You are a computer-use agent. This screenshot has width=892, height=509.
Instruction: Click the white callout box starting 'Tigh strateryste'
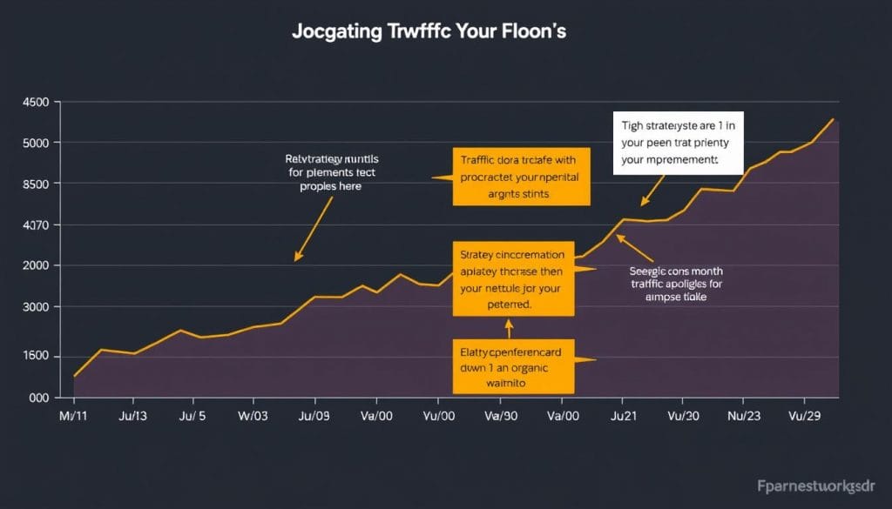pos(678,143)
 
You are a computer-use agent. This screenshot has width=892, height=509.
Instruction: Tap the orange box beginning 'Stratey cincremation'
pos(513,279)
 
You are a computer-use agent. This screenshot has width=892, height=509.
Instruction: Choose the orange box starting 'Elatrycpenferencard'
pos(513,366)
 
